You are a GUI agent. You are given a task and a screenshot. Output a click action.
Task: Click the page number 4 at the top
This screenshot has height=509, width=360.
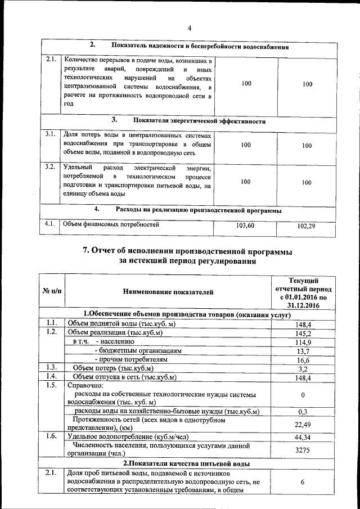click(x=190, y=29)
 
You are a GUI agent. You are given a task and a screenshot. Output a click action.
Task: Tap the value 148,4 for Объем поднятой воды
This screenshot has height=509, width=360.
click(x=303, y=324)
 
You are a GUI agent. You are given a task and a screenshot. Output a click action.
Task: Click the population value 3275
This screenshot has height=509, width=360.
click(x=303, y=451)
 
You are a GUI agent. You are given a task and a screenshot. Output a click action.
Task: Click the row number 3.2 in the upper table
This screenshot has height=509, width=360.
click(x=50, y=167)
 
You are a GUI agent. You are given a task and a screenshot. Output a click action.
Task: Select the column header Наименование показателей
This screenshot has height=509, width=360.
click(x=168, y=291)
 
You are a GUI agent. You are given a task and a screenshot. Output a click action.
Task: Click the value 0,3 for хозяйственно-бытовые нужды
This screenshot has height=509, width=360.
click(x=303, y=412)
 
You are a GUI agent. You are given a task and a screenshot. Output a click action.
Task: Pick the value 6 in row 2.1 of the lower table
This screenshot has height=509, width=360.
click(x=303, y=482)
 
